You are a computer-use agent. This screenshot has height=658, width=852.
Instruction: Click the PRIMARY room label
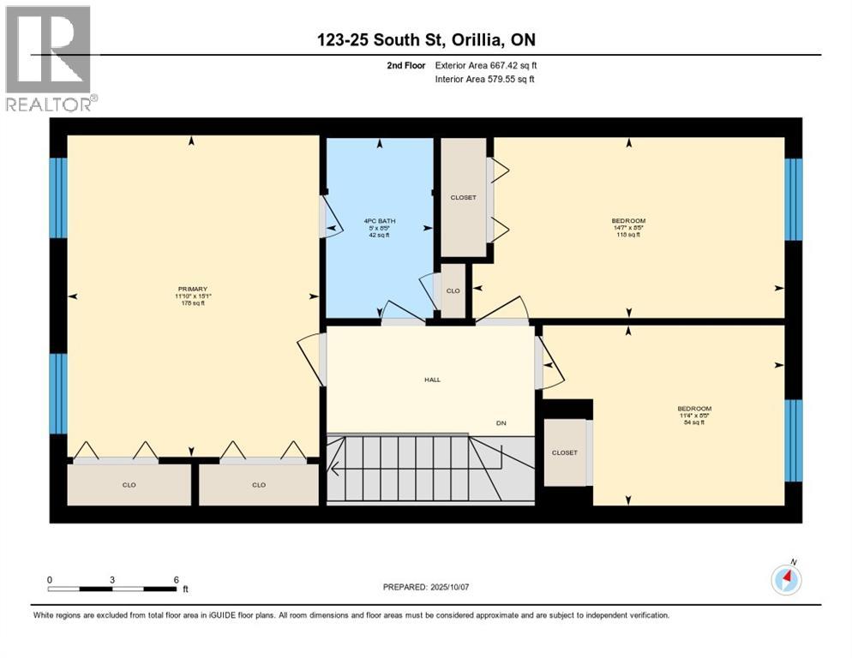click(x=193, y=290)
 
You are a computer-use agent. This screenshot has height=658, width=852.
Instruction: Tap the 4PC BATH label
click(x=378, y=221)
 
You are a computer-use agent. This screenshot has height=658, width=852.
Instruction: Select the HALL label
click(x=432, y=380)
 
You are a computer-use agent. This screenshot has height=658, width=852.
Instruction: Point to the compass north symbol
click(x=786, y=580)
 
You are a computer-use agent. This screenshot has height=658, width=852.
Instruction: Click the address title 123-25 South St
click(x=425, y=40)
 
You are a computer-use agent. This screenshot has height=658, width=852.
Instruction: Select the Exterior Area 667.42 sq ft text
click(x=486, y=65)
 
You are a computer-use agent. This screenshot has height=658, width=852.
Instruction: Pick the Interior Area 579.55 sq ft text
click(x=486, y=80)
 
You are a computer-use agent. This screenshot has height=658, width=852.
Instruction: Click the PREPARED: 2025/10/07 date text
click(x=426, y=587)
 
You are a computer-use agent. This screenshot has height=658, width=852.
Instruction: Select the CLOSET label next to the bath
click(x=463, y=198)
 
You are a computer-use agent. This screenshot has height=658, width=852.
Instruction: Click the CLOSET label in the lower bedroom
click(x=564, y=452)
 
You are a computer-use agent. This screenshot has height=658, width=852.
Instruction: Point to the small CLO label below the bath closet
click(x=453, y=290)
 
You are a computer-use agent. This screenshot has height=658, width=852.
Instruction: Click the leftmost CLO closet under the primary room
click(x=129, y=485)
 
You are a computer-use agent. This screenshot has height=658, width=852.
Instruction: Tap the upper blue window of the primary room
click(x=57, y=198)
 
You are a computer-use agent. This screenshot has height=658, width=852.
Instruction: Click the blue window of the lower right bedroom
click(x=795, y=440)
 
